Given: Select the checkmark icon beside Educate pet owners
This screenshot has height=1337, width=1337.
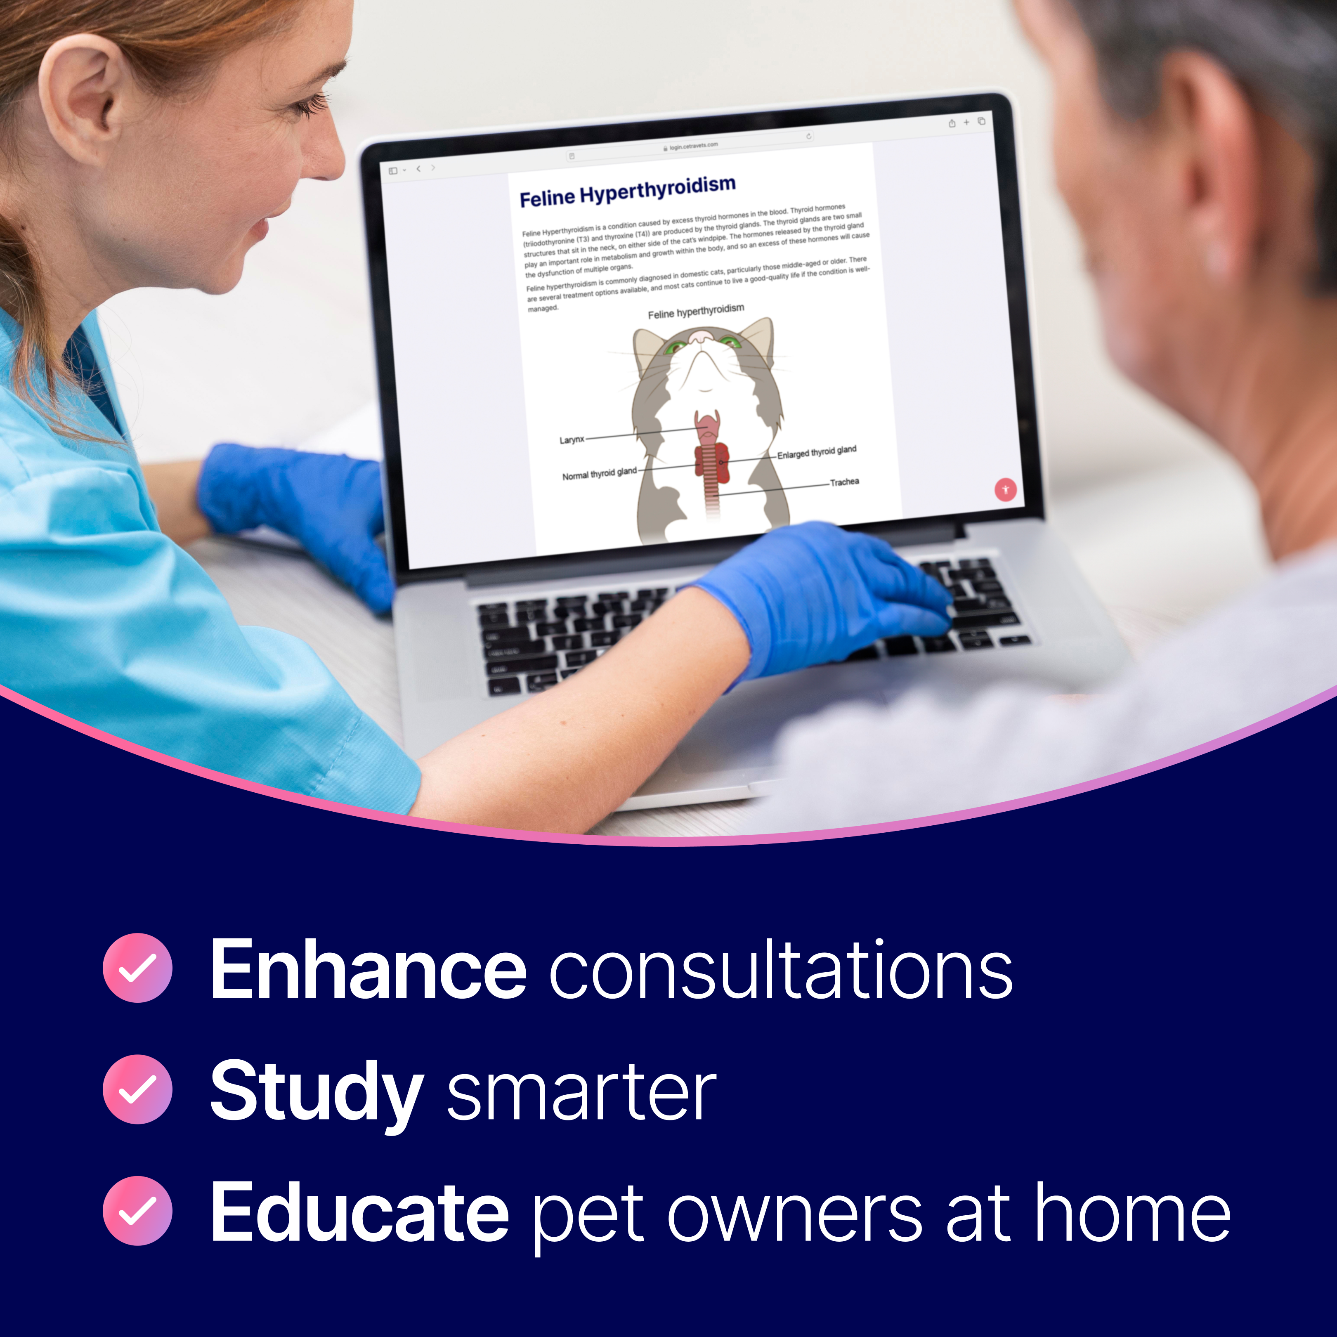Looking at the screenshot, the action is click(x=137, y=1210).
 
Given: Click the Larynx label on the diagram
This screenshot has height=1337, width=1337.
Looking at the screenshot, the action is click(x=572, y=439).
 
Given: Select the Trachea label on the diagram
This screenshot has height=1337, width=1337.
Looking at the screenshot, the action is click(x=844, y=482).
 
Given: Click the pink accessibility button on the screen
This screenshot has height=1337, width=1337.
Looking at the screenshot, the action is click(x=1006, y=489).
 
